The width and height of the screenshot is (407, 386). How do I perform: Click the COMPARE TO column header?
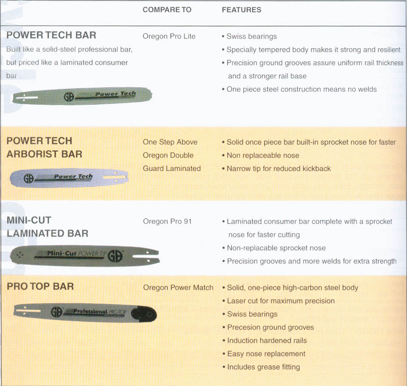click(167, 10)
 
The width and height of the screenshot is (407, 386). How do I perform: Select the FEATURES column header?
click(241, 10)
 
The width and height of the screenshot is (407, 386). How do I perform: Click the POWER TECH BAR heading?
click(51, 35)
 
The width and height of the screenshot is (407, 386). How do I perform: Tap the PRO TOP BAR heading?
click(40, 287)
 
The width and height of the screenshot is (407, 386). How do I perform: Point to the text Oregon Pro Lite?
click(169, 36)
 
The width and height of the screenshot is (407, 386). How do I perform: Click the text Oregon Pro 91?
click(167, 221)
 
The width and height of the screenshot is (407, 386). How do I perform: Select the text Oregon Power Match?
click(178, 287)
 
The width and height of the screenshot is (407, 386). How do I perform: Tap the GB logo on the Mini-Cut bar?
click(115, 256)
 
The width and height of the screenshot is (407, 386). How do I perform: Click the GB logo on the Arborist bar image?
click(29, 178)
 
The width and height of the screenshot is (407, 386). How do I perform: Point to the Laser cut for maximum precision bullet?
click(278, 301)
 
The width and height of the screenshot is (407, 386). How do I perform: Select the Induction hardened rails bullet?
click(264, 340)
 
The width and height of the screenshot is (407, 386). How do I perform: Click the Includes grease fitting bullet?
click(261, 367)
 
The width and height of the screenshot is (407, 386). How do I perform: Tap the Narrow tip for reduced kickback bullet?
click(276, 169)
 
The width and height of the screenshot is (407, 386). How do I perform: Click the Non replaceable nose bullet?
click(260, 155)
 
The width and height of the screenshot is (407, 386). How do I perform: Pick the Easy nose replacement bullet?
click(264, 354)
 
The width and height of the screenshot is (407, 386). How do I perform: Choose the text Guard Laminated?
click(172, 169)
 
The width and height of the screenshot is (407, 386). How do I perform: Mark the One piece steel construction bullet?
click(299, 89)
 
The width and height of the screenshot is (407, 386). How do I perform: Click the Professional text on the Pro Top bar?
click(90, 311)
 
